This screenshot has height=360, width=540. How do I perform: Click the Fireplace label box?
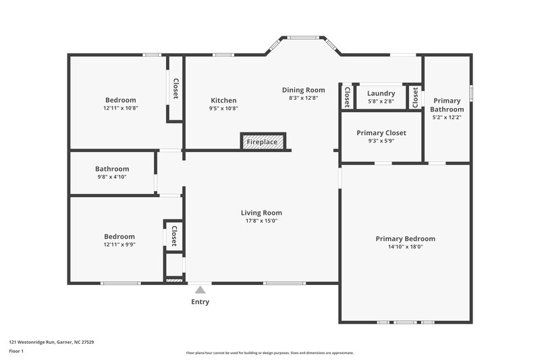(264, 142)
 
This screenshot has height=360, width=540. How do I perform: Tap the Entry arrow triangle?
(200, 289)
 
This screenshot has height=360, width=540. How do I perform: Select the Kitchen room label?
(223, 100)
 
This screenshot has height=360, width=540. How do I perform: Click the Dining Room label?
(303, 90)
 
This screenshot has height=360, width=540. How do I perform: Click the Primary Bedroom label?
(405, 238)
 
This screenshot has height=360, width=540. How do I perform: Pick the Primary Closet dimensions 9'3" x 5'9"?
(381, 142)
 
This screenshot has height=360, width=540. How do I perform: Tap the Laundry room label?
(381, 93)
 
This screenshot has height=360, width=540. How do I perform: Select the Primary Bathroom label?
(448, 105)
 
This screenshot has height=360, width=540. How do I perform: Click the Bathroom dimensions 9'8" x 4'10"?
(112, 177)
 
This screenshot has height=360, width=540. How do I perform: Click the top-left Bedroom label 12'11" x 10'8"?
(120, 100)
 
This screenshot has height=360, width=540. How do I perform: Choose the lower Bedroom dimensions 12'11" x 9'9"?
(119, 245)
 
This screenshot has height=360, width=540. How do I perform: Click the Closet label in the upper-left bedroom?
(175, 89)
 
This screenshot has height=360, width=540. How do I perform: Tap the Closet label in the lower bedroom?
(173, 236)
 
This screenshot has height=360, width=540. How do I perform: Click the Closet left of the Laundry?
(347, 97)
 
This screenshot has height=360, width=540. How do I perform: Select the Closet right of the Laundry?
(414, 97)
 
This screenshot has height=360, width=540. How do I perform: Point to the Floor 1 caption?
(16, 352)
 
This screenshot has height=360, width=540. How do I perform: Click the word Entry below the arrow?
(200, 302)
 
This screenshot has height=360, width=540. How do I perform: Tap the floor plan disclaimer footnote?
(269, 353)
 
